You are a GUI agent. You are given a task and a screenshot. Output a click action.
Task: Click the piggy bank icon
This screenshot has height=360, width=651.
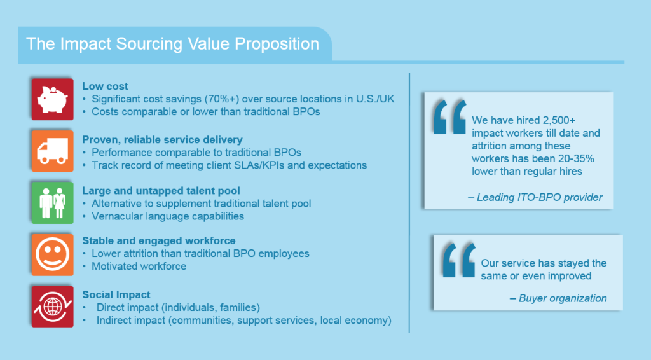52,99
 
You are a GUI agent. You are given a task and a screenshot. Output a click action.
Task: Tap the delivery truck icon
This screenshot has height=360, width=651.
52,150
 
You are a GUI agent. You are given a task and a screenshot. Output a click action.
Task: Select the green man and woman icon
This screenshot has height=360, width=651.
52,202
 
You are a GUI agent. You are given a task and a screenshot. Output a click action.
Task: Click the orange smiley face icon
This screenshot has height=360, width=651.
52,253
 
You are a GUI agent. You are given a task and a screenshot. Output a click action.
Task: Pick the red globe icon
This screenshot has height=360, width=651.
52,306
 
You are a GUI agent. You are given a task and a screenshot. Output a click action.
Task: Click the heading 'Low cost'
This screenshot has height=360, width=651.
105,86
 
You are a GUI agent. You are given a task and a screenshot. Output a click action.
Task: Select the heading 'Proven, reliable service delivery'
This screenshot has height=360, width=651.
162,139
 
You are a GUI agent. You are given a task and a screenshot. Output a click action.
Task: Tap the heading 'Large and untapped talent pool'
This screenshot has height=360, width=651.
161,190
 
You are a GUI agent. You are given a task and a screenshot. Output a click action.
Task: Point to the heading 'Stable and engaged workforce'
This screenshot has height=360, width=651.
159,240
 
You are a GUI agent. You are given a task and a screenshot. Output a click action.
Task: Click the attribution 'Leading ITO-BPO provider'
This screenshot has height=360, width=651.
535,197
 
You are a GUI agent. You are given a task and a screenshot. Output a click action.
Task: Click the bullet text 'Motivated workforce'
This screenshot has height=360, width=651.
139,267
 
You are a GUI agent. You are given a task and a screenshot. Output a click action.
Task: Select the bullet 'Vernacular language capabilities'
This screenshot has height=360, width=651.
168,216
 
